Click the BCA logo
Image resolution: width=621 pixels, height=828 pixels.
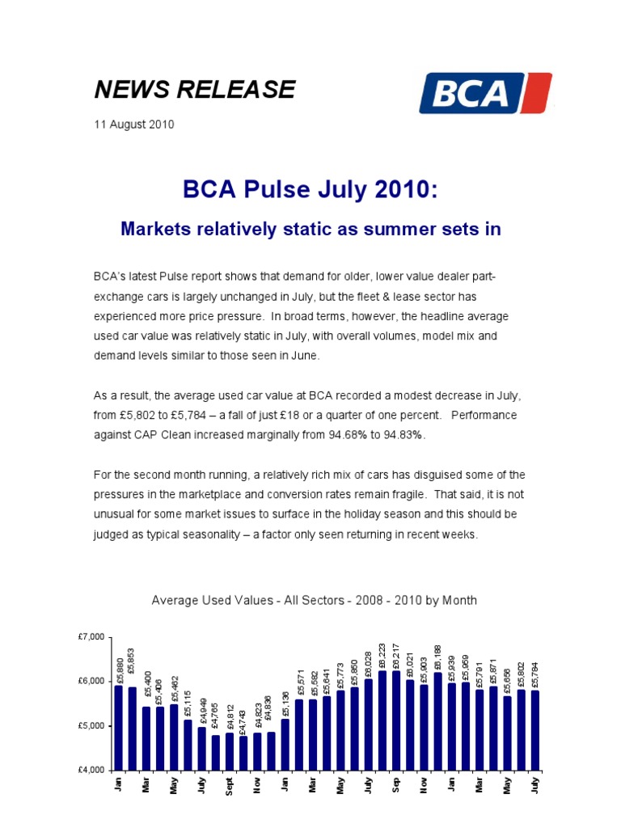(x=485, y=93)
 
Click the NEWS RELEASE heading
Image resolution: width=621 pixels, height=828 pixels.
(x=195, y=90)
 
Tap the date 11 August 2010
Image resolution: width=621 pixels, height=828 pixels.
(x=134, y=125)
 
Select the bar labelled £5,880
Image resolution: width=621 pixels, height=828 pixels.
(x=119, y=728)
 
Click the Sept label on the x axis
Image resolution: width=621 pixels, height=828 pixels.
(x=230, y=786)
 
